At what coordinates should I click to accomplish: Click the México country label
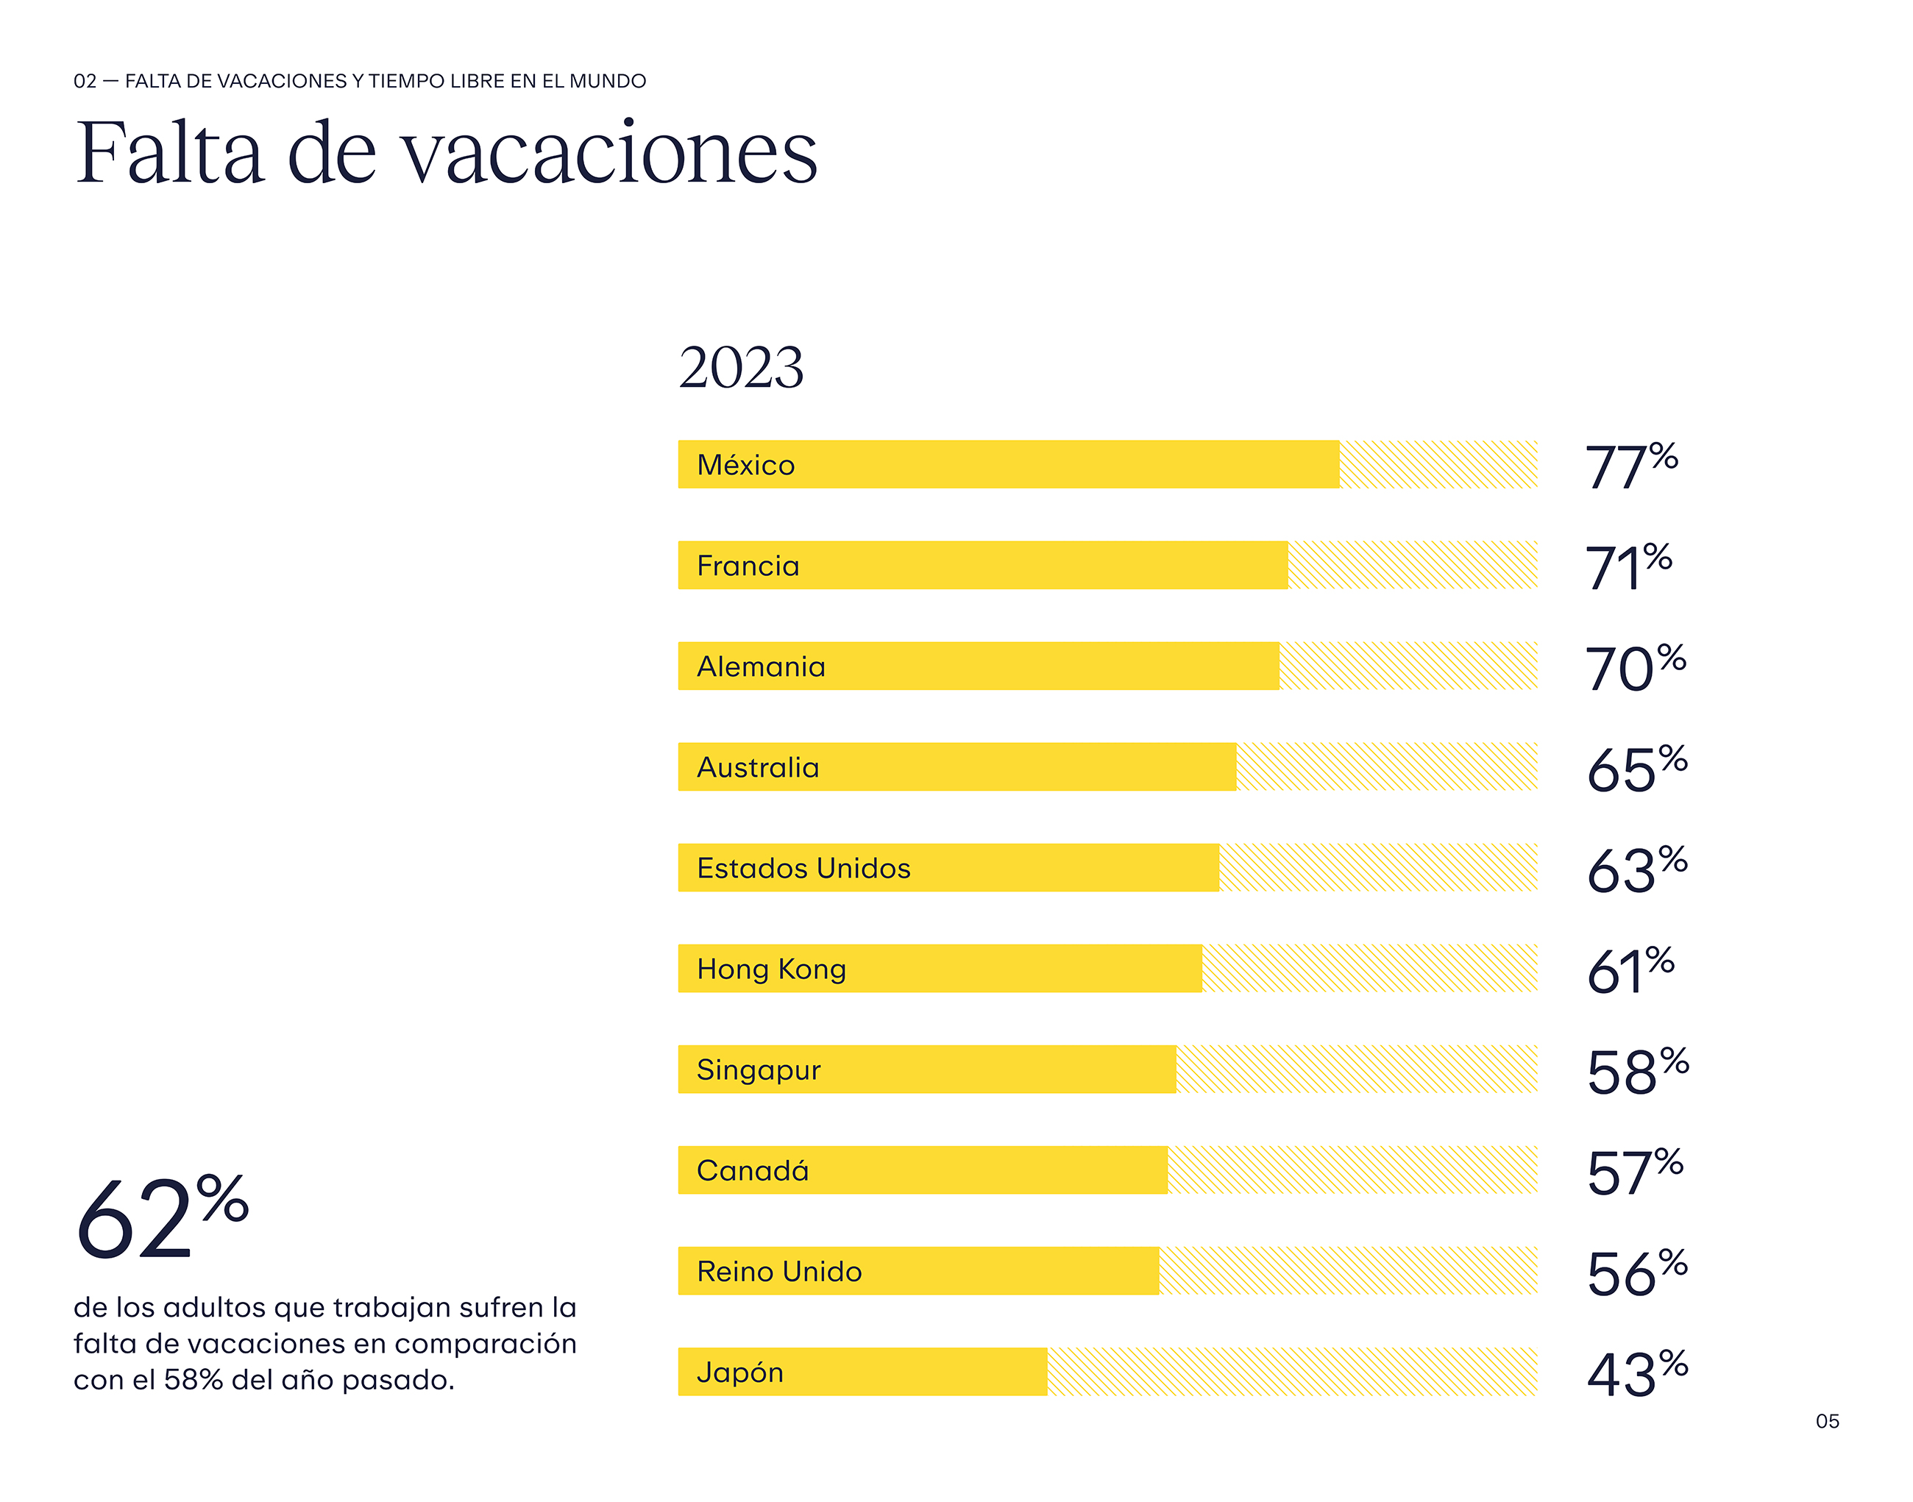[745, 464]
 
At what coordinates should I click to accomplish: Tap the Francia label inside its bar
[748, 566]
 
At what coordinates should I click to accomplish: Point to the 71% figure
[1627, 566]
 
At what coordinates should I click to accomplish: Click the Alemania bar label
[761, 666]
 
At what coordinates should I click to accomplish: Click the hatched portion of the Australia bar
[1385, 767]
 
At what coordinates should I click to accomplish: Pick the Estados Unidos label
[803, 868]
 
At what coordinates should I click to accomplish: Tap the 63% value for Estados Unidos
[1636, 869]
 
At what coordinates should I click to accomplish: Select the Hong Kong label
[770, 969]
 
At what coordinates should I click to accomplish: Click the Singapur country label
[758, 1069]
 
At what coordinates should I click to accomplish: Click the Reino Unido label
[778, 1272]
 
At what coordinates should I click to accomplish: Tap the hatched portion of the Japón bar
[1291, 1372]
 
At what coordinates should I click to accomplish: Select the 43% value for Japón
[1636, 1373]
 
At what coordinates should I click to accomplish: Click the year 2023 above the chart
[741, 368]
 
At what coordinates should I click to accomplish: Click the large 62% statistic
[162, 1218]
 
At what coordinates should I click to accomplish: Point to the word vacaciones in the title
[611, 154]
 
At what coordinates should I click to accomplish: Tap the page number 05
[1827, 1422]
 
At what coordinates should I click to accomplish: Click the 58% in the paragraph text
[193, 1381]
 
